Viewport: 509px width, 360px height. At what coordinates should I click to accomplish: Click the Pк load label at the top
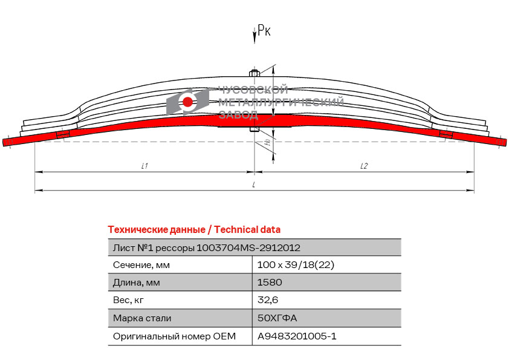(264, 30)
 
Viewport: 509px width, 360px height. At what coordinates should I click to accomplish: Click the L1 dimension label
(144, 166)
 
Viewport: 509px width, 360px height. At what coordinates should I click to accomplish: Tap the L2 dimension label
(364, 166)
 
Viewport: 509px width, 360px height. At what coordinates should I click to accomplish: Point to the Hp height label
(267, 142)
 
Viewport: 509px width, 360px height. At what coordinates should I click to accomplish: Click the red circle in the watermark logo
(187, 102)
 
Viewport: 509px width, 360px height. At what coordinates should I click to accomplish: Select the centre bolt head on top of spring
(254, 73)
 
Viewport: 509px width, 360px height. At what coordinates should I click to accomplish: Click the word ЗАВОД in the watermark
(239, 114)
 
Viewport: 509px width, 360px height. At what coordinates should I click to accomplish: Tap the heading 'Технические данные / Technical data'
(194, 230)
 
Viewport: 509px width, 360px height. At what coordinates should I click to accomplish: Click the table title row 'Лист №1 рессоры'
(207, 248)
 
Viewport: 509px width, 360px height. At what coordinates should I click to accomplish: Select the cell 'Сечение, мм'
(141, 265)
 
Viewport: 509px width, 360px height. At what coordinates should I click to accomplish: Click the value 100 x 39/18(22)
(296, 265)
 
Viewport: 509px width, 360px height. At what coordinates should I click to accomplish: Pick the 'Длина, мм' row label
(137, 283)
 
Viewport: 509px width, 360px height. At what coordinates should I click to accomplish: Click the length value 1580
(270, 283)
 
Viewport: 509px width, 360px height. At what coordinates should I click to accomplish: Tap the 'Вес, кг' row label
(128, 300)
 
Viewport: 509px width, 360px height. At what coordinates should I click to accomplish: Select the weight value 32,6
(268, 300)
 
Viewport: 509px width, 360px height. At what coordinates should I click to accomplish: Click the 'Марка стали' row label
(142, 318)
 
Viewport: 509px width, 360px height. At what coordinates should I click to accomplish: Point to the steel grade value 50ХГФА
(277, 318)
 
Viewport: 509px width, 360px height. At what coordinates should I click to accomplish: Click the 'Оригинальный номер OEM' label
(174, 336)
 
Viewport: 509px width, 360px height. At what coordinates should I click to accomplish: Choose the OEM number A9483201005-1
(297, 336)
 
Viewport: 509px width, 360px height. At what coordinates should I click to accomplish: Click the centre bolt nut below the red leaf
(254, 129)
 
